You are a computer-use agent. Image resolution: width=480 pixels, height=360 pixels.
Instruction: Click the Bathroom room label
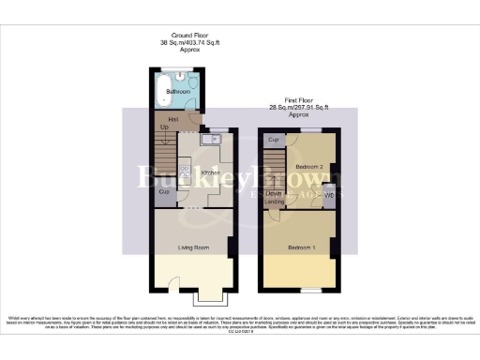[178, 92]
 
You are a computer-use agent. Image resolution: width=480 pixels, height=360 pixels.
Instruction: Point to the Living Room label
[193, 247]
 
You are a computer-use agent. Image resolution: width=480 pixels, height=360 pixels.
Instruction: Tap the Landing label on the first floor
[275, 202]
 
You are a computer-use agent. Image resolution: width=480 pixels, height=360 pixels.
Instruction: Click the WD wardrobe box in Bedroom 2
[328, 197]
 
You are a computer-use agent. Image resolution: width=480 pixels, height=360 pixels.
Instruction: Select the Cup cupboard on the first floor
[274, 140]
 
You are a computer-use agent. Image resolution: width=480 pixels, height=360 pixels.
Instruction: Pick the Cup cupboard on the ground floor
[163, 193]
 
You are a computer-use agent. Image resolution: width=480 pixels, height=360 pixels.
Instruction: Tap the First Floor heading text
[298, 107]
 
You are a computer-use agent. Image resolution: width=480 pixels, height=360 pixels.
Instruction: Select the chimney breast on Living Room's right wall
[232, 247]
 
